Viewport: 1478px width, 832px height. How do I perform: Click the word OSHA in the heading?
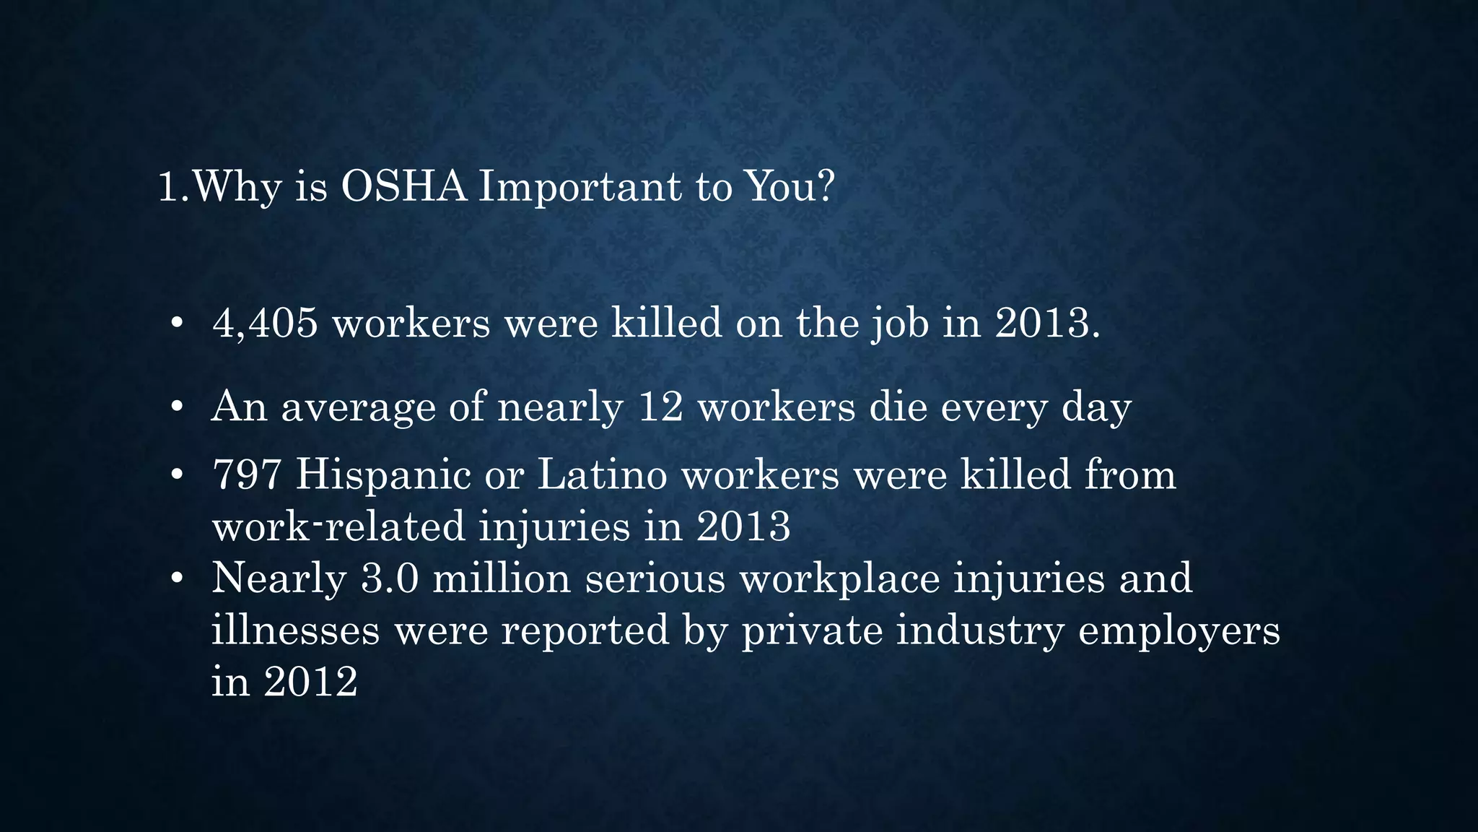(x=403, y=186)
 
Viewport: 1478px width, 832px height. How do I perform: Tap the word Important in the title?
(x=580, y=188)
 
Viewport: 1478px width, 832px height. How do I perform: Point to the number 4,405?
(x=265, y=322)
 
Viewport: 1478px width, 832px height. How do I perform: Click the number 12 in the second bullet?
(x=660, y=407)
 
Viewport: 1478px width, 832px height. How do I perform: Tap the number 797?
(x=246, y=475)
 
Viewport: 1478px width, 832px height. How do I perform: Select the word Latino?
(x=602, y=475)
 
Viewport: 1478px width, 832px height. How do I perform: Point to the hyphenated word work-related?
(x=338, y=526)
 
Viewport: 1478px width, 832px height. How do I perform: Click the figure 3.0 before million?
(x=390, y=578)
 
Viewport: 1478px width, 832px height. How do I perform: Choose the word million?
(x=502, y=578)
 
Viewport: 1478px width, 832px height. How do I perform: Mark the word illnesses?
(x=295, y=630)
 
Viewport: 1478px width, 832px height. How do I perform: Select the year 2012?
(x=310, y=681)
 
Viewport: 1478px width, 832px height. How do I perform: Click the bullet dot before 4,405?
(x=177, y=324)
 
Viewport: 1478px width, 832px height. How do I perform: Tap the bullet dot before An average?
(x=177, y=408)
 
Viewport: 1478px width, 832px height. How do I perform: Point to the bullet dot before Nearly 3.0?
(x=177, y=579)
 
